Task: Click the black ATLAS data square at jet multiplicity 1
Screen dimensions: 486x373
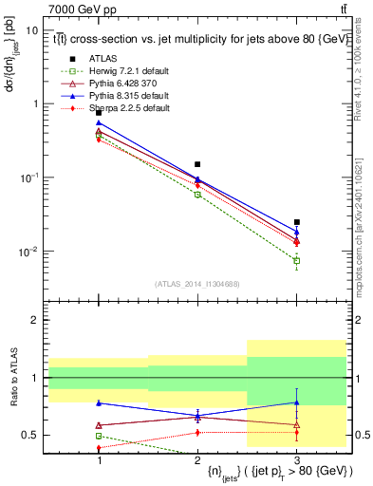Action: (x=99, y=113)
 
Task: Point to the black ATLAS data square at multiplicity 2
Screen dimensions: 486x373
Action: (x=197, y=164)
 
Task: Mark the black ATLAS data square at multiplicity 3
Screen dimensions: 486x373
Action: (x=296, y=222)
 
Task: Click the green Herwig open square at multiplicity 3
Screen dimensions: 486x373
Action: (x=296, y=260)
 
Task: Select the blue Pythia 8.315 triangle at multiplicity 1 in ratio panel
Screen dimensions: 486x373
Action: (x=99, y=402)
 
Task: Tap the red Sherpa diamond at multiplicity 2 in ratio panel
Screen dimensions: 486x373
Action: (x=197, y=432)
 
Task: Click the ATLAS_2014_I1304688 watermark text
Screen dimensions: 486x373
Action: (x=197, y=283)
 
